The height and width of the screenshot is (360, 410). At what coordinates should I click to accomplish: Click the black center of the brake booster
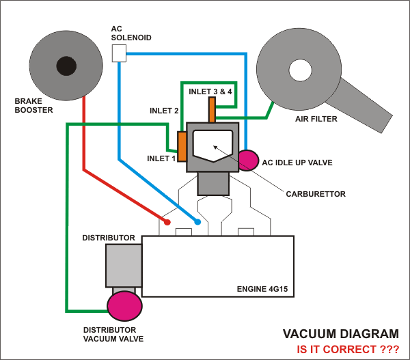[66, 66]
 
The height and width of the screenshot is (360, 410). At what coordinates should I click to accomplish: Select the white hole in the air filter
[299, 69]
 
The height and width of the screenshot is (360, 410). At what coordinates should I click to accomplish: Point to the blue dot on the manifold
[197, 222]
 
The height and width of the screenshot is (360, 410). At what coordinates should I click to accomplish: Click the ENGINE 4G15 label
[262, 289]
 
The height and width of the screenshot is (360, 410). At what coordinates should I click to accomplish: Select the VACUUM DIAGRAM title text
[341, 334]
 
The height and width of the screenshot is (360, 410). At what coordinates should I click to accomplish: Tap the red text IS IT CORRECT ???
[347, 349]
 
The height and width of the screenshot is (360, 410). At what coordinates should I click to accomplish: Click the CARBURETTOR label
[315, 194]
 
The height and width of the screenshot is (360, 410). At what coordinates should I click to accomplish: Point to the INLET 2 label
[164, 110]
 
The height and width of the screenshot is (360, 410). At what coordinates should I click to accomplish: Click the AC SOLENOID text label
[127, 33]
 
